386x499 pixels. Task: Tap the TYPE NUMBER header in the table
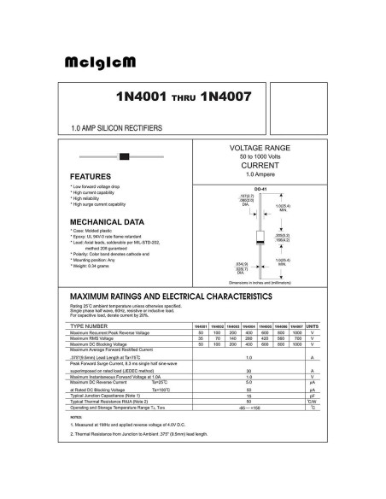(x=89, y=326)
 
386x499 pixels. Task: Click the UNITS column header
(x=313, y=326)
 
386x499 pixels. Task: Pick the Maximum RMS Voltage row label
(x=97, y=338)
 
